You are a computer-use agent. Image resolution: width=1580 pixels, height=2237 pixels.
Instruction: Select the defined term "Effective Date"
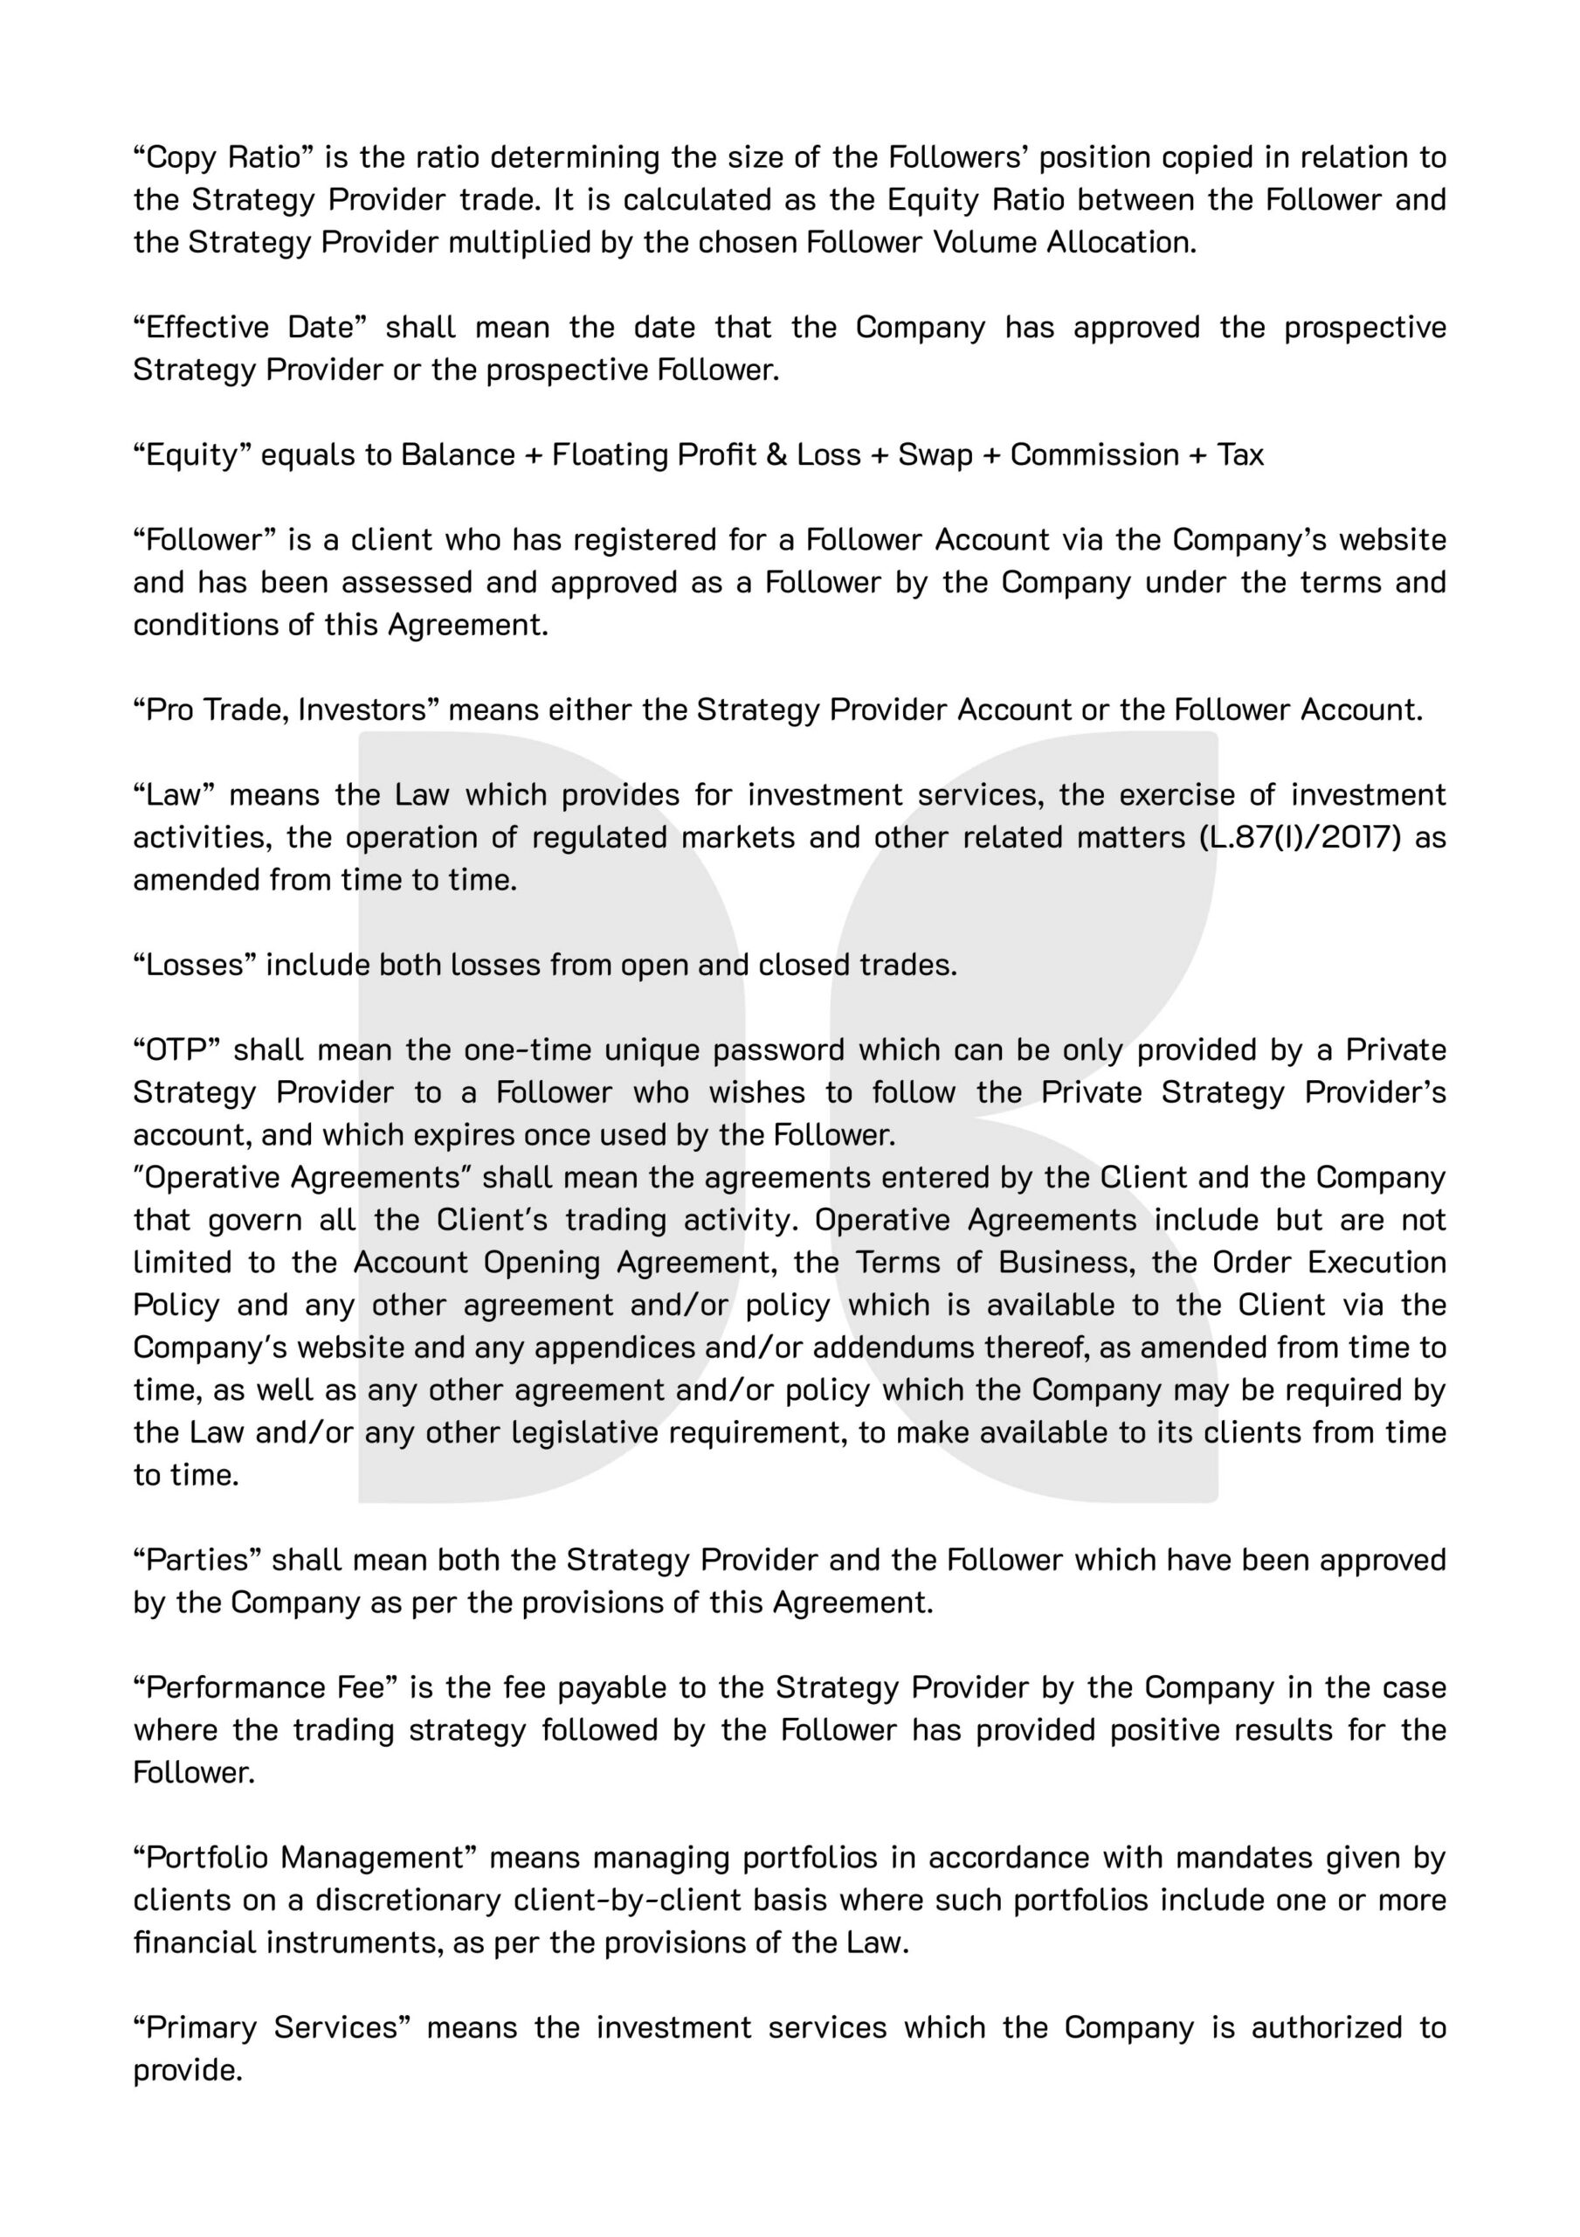pos(250,329)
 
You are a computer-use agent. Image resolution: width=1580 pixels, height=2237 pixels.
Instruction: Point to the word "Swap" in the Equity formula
pos(935,455)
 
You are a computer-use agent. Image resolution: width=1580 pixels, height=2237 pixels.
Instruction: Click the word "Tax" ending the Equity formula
pos(1240,455)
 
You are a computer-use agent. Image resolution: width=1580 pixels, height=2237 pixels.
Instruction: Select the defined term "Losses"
pos(194,965)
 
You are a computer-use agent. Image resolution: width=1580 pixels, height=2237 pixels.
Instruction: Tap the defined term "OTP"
pos(177,1050)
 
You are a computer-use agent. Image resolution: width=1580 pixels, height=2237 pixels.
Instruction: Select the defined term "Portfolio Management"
pos(304,1858)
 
